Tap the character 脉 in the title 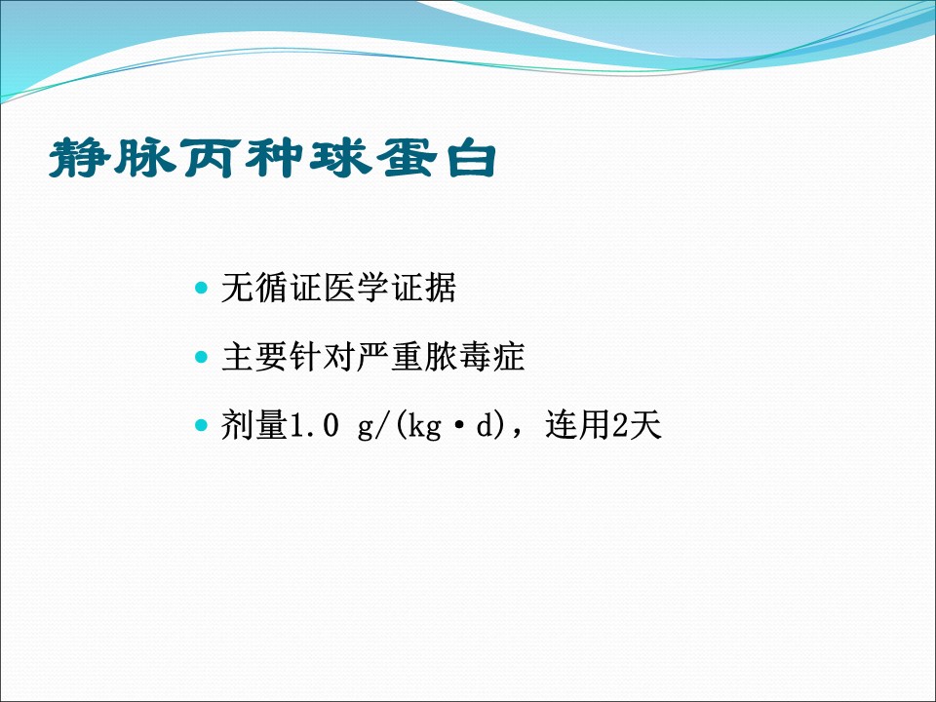[145, 159]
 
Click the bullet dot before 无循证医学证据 [201, 289]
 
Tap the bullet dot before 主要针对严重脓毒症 [201, 357]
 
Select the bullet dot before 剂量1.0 [201, 426]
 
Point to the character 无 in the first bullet [238, 288]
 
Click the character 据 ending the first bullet [441, 288]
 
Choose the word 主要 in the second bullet [254, 357]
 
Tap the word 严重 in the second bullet [390, 357]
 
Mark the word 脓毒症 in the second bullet [475, 357]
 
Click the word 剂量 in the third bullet [254, 426]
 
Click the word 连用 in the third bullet [578, 426]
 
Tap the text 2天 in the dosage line [638, 426]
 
